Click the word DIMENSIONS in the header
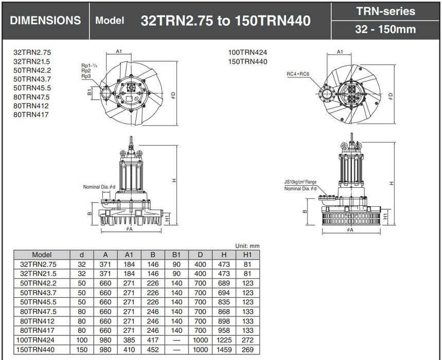click(45, 21)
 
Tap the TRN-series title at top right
click(385, 11)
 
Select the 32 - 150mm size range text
click(385, 29)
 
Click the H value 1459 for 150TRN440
click(224, 350)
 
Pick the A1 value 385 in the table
click(129, 340)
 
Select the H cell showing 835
click(224, 302)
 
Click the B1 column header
click(176, 255)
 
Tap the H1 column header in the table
click(247, 255)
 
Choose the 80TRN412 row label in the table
click(37, 321)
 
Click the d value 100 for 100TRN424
click(82, 340)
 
